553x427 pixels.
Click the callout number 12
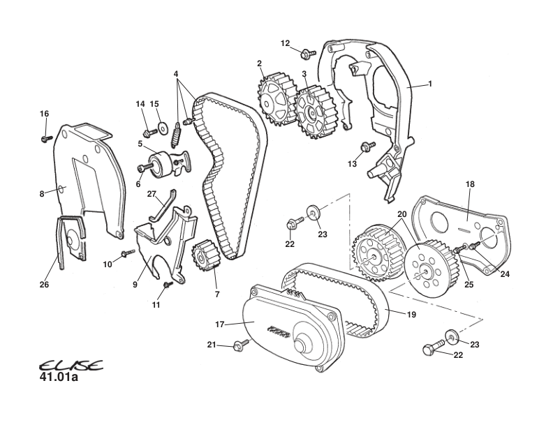[285, 43]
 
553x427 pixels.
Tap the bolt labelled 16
[46, 139]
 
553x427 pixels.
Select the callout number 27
[151, 194]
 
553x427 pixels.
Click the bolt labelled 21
[242, 344]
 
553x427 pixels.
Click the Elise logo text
[71, 366]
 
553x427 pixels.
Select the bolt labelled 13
[365, 147]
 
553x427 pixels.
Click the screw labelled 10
[128, 253]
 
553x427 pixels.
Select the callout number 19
[411, 315]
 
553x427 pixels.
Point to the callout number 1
[430, 84]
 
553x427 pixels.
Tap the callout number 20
[401, 214]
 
